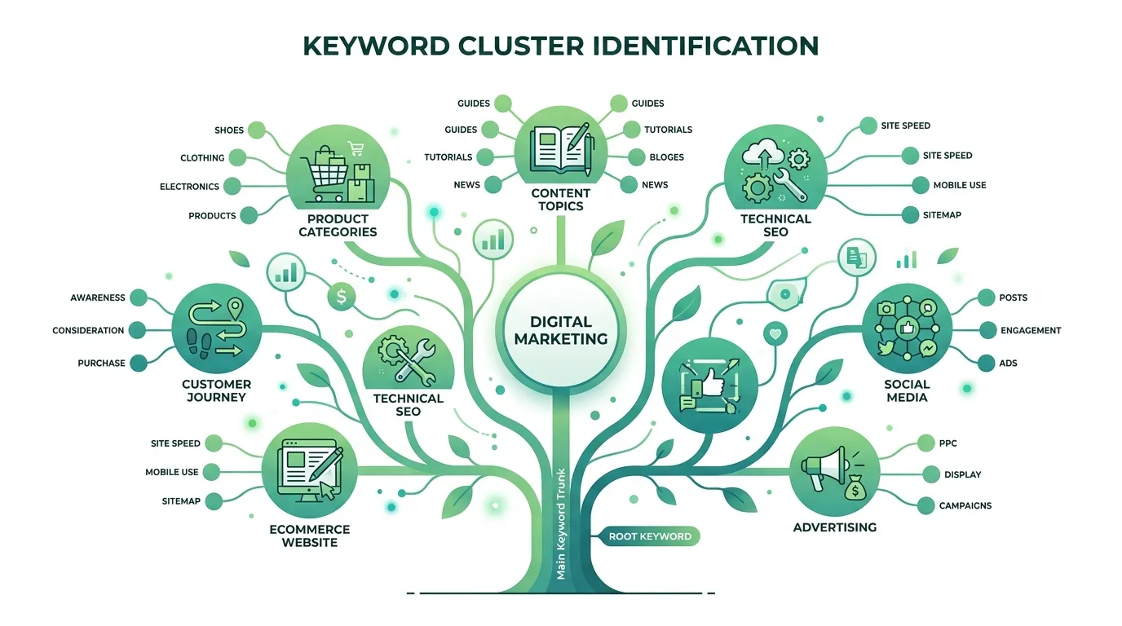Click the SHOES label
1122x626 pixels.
coord(229,130)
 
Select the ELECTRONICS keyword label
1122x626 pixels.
coord(189,187)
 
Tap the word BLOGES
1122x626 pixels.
coord(666,157)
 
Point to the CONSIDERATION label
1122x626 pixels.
coord(88,331)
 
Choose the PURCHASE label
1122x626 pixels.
coord(101,364)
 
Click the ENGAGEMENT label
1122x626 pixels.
coord(1031,331)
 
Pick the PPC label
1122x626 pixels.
coord(948,443)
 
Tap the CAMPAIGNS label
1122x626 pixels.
coord(965,506)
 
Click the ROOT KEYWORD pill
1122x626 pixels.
coord(650,536)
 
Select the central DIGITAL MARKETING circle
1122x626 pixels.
coord(561,330)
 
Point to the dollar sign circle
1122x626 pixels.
coord(341,298)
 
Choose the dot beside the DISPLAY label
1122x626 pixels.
coord(930,474)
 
